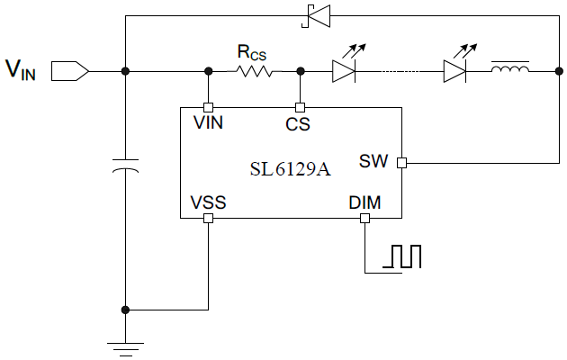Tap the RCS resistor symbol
[x=254, y=70]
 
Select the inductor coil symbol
[x=509, y=69]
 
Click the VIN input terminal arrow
[x=69, y=69]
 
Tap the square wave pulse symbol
[x=401, y=257]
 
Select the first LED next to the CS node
[x=346, y=70]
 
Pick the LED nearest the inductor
[x=456, y=70]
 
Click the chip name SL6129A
[x=289, y=169]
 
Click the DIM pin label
[x=364, y=203]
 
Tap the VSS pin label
[x=208, y=202]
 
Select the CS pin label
[x=298, y=124]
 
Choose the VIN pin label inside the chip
[x=208, y=123]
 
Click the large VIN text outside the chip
[x=22, y=69]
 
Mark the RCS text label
[x=252, y=52]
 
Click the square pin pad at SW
[x=401, y=163]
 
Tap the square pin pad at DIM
[x=365, y=218]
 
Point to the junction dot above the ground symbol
[x=125, y=310]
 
